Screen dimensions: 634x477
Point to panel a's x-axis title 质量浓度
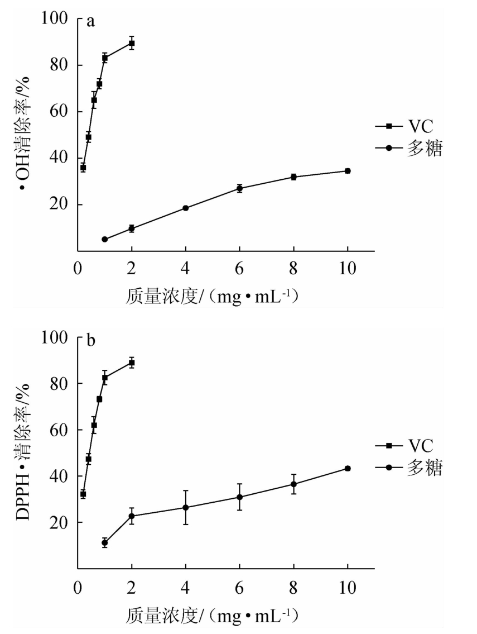click(213, 297)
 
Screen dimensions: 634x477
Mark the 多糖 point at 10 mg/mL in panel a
click(348, 171)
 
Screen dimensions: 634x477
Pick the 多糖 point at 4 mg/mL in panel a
click(186, 208)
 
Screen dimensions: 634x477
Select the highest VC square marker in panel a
click(132, 43)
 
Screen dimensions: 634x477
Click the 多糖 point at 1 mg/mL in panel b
click(104, 542)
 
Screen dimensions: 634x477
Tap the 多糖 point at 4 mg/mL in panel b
click(186, 507)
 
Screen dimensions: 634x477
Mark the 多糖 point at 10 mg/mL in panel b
click(348, 468)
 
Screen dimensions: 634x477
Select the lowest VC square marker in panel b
click(83, 494)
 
